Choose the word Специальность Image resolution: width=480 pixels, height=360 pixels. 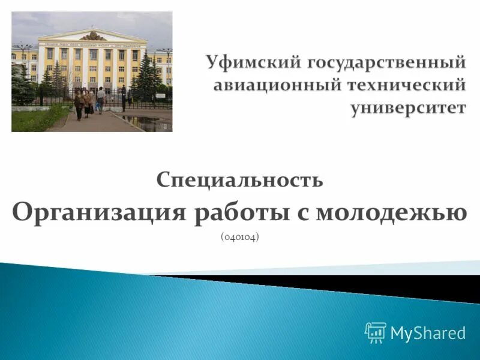point(240,179)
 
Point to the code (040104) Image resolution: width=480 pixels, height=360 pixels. point(240,238)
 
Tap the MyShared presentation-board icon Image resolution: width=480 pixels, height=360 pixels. point(375,332)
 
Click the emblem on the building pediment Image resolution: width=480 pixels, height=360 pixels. point(92,36)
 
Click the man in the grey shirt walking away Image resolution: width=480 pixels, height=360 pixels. point(100,99)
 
